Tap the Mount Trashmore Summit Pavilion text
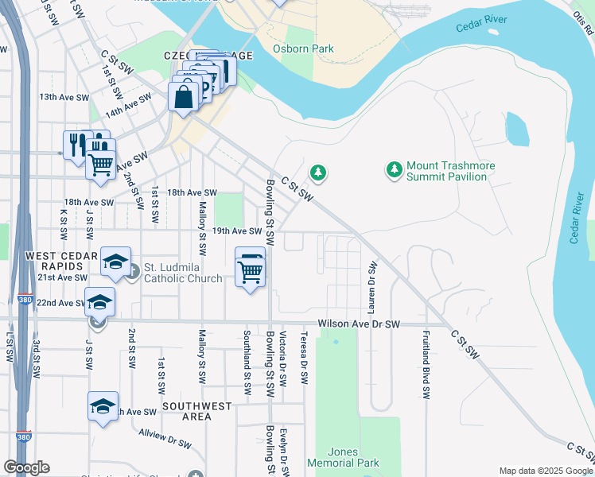click(451, 171)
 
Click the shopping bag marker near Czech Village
click(184, 97)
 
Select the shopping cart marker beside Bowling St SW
click(251, 270)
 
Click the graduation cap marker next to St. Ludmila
click(115, 262)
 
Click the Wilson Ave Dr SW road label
click(359, 324)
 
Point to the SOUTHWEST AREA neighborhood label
click(197, 411)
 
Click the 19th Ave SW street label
click(236, 231)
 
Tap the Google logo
click(26, 467)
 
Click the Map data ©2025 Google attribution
click(546, 471)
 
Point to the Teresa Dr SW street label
click(303, 359)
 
